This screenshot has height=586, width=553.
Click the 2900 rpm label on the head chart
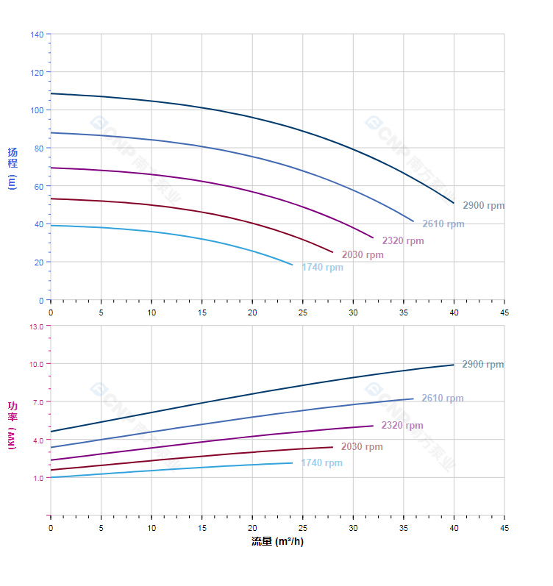[483, 206]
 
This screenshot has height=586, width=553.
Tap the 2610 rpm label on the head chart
[443, 224]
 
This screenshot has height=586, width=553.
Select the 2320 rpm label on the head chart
[402, 241]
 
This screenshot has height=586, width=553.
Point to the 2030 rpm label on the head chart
[362, 255]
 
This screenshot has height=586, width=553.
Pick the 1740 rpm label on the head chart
[322, 268]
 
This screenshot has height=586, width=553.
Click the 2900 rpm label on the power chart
[482, 365]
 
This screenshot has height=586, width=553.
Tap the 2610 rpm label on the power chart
[442, 399]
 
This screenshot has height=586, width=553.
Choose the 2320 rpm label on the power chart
[402, 426]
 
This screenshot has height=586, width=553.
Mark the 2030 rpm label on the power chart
[361, 447]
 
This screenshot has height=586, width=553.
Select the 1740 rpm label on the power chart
[321, 463]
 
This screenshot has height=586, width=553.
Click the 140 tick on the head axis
[37, 35]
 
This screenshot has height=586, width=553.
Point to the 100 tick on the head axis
[37, 110]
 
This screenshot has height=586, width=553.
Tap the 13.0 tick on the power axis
[36, 326]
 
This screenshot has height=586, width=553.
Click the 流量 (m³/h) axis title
[277, 542]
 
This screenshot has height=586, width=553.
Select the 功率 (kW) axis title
[13, 425]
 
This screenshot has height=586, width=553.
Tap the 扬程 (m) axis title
[13, 168]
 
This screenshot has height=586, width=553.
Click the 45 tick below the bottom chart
[504, 528]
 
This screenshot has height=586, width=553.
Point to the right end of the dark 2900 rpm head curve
[454, 203]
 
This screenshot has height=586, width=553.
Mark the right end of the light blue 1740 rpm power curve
[293, 462]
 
